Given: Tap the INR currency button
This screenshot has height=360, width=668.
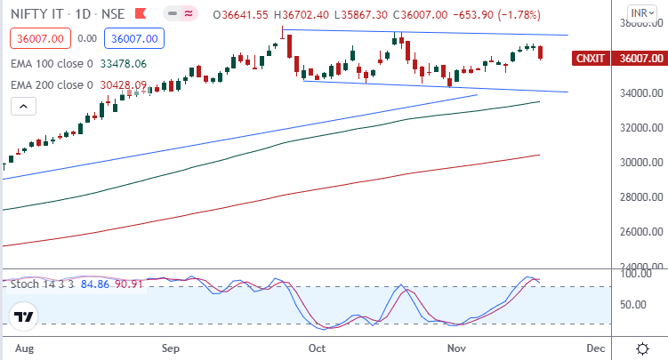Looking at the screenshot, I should coord(640,13).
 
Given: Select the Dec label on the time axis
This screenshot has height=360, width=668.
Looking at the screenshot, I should coord(595,348).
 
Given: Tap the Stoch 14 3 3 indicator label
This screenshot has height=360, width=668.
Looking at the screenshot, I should coord(43,284).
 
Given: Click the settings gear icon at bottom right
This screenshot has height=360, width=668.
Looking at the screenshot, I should coord(643,347).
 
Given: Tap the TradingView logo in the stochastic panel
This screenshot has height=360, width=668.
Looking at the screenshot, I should coord(24,316).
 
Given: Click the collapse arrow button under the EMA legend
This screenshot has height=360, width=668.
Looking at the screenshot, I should coord(24,106).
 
